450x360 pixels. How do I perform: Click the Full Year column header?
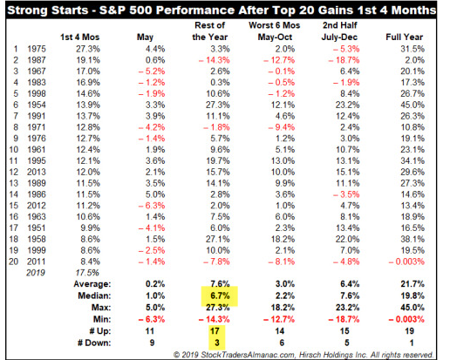tap(404, 37)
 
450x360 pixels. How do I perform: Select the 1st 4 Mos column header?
tap(80, 37)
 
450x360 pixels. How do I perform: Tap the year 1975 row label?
tap(37, 49)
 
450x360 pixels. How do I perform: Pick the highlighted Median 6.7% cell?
tap(220, 295)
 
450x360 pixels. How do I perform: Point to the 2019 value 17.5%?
tap(87, 273)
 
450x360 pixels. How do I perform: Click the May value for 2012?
tap(152, 206)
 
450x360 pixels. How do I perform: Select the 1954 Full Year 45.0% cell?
tap(412, 105)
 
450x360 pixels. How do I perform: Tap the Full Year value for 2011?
tap(406, 262)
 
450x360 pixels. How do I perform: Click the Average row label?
tap(92, 284)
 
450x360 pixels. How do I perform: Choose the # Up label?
tap(100, 331)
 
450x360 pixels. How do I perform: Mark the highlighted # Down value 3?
tap(216, 343)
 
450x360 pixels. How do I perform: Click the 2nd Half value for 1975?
tap(346, 49)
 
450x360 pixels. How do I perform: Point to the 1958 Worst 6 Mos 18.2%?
tap(283, 239)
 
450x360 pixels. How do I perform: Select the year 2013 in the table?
tap(37, 172)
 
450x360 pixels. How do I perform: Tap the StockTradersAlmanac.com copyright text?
tap(303, 355)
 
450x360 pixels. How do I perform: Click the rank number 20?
tap(14, 262)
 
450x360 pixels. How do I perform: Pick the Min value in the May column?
tap(152, 319)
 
